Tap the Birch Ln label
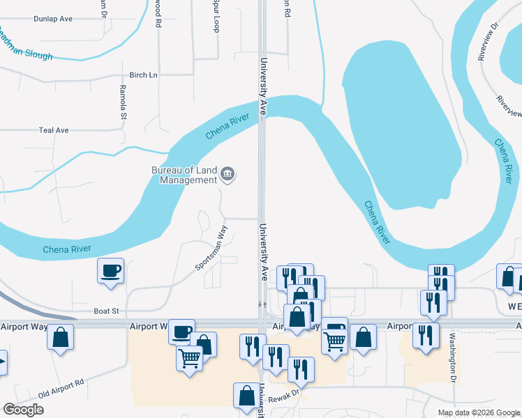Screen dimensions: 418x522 coord(144,75)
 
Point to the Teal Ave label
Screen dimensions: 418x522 coord(54,130)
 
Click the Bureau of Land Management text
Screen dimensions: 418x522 coord(184,175)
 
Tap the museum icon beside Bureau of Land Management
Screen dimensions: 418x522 coord(228,173)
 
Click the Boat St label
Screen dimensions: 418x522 coord(107,311)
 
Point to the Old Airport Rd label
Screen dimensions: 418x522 coord(61,387)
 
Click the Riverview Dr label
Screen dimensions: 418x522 coord(489,42)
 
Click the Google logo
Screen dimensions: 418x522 coord(23,409)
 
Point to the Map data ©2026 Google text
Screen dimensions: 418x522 coord(479,412)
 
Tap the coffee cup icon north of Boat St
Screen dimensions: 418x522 coord(111,270)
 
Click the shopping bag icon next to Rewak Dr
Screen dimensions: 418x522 coord(247,395)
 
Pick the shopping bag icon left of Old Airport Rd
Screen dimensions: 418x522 coord(60,338)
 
